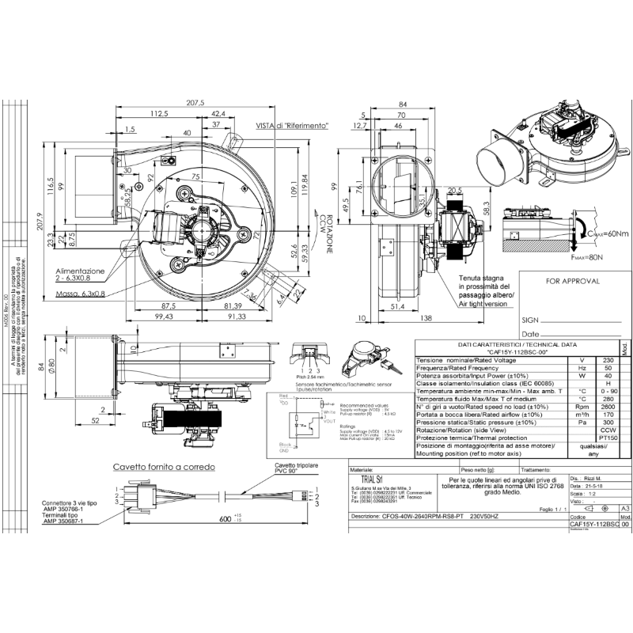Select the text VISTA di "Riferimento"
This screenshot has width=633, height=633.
[291, 126]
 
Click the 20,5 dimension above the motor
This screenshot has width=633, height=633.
[454, 191]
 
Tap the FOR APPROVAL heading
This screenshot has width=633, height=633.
[573, 281]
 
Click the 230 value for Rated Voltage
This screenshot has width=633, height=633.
[608, 360]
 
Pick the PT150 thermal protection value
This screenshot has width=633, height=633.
[608, 438]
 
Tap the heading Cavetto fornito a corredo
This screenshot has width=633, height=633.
[163, 467]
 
